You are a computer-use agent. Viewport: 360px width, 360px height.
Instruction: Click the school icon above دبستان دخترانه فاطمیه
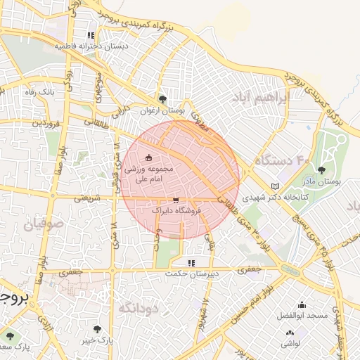click(91, 35)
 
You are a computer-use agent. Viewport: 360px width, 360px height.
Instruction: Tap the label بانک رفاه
click(41, 91)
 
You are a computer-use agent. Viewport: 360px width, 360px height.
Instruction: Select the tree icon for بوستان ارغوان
click(163, 99)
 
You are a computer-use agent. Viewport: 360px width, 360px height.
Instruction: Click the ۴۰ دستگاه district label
click(282, 161)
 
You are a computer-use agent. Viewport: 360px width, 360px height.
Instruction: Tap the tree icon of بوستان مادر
click(321, 170)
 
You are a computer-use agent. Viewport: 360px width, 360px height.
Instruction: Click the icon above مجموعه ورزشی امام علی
click(148, 157)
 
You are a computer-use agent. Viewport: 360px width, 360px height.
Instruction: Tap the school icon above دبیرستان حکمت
click(191, 262)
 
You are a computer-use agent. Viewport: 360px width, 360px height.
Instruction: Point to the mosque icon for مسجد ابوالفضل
click(302, 304)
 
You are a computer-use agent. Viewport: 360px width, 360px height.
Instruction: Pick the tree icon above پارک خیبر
click(97, 329)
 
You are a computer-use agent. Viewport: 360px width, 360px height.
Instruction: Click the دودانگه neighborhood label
click(136, 307)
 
